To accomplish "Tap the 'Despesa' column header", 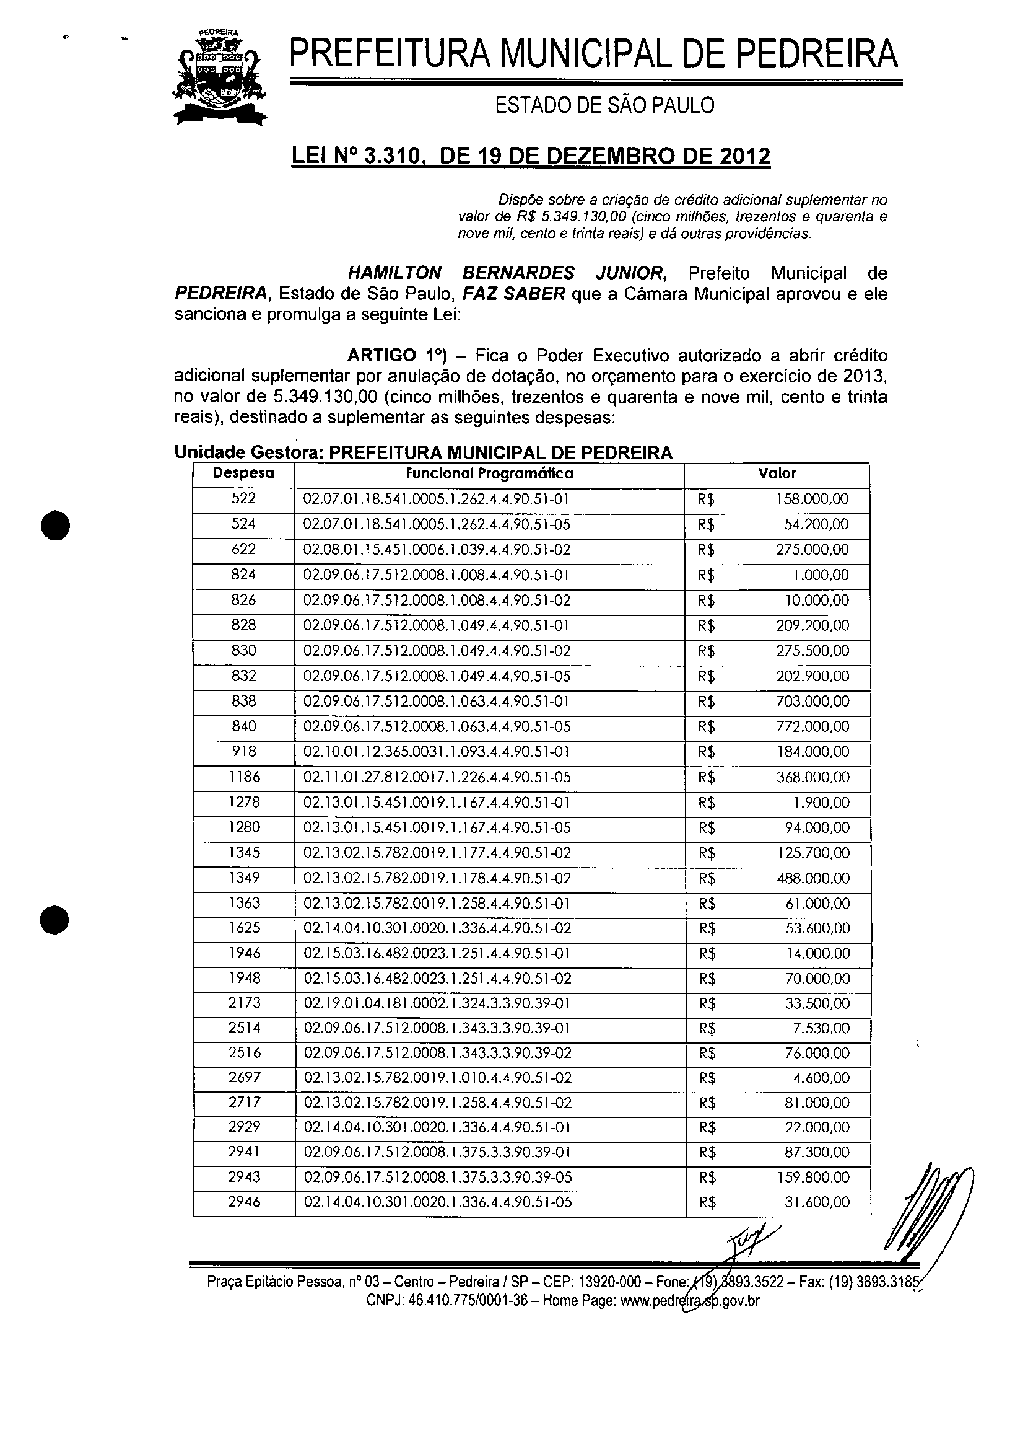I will (244, 473).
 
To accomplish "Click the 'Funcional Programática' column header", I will (489, 473).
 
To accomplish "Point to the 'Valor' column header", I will (777, 473).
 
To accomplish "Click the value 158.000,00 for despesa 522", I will (812, 499).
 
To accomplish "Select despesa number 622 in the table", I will (244, 549).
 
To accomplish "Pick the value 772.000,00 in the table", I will (812, 726).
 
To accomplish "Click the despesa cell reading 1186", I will (245, 777).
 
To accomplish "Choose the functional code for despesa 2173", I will (437, 1003).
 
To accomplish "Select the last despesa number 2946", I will (245, 1201).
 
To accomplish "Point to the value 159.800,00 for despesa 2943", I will (812, 1177).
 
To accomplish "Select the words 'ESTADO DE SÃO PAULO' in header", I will (604, 106).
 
